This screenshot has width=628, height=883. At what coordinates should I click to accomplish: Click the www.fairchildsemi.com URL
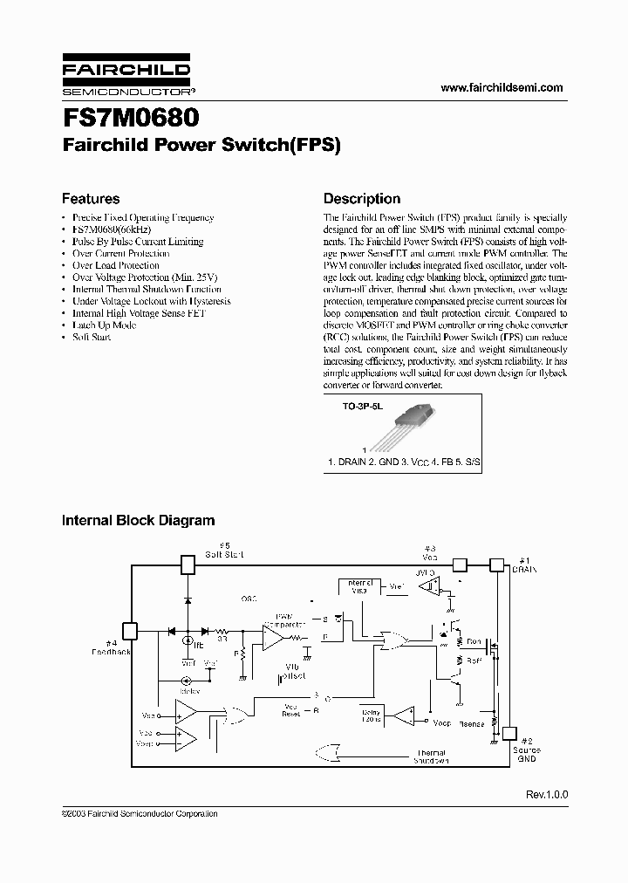coord(502,87)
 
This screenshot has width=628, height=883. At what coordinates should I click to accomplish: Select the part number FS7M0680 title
coord(130,118)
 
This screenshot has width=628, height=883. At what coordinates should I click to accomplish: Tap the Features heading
coord(90,199)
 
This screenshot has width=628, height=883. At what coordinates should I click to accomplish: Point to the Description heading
coord(362,199)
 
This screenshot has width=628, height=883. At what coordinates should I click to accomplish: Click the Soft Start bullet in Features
coord(91,337)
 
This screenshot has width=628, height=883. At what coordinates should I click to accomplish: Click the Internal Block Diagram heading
coord(138,521)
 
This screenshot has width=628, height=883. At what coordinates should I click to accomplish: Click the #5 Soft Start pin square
coord(187,565)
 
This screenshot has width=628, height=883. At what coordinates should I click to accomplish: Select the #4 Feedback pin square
coord(129,630)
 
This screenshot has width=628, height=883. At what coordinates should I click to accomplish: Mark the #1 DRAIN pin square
coord(496,565)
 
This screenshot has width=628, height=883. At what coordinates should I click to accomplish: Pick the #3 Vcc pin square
coord(461,565)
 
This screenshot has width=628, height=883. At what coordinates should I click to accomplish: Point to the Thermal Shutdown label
coord(431,756)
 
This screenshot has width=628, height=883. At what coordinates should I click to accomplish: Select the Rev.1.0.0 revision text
coord(546,795)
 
